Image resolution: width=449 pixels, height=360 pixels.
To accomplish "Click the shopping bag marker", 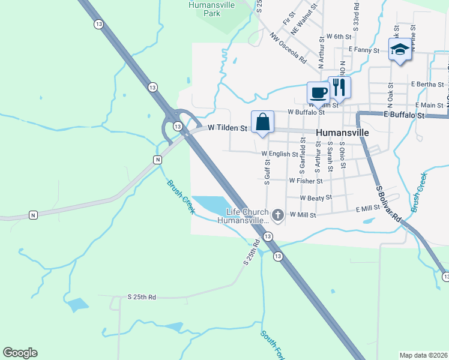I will pos(262,122).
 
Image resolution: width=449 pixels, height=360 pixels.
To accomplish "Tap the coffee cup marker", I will pos(318,93).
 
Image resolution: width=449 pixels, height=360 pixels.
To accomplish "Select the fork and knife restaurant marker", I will pos(339,87).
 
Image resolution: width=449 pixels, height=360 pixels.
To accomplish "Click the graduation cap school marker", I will pos(399,49).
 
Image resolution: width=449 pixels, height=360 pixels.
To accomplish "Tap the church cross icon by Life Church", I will pos(277,214).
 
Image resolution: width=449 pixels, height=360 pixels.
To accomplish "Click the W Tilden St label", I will pos(228,128).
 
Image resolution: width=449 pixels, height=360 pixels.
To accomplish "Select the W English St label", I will pos(280,154).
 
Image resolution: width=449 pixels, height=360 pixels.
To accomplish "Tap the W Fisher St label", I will pos(306,181).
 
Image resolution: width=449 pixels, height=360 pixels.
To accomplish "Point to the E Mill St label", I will pos(368,208).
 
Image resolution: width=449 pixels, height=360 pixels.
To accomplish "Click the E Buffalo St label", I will pos(404,115).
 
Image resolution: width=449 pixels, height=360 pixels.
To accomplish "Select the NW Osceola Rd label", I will pos(288,49).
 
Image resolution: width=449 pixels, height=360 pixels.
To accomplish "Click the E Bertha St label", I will pos(427,85).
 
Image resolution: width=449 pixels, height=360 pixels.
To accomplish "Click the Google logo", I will pos(20,353).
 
